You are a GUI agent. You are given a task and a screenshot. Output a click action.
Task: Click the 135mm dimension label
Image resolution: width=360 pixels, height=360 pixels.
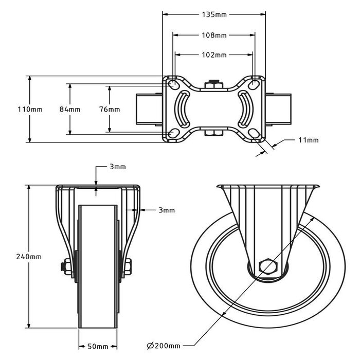coord(214,14)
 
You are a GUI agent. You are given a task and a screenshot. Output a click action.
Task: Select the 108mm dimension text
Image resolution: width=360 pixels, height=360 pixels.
coord(214,35)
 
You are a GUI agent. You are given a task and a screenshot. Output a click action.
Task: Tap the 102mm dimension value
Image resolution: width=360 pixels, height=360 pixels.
coord(214,55)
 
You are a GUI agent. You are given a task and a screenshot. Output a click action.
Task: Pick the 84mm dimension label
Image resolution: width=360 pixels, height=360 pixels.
coord(70,109)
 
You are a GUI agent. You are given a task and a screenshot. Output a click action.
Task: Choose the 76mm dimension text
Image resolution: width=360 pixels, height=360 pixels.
coord(110,109)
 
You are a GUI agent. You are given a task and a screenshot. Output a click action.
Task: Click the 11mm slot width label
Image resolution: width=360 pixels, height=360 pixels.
coord(308,140)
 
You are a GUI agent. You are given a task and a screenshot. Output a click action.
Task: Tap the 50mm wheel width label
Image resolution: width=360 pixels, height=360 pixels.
coord(98,346)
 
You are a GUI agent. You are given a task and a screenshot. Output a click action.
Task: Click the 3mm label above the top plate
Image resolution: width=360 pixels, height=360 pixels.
coord(117,167)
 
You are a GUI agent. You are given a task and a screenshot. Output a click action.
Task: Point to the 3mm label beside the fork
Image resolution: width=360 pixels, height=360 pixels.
coord(166,210)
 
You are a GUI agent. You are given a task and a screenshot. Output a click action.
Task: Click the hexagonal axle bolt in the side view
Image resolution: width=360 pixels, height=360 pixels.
coord(268,266)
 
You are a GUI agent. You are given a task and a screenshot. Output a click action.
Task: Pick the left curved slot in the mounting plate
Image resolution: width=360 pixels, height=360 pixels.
coord(183,109)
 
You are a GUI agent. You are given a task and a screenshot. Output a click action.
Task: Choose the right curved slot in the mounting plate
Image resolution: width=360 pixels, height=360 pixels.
coord(246,109)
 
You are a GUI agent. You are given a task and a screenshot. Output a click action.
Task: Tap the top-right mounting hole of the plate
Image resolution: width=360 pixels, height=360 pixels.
coord(255,83)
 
